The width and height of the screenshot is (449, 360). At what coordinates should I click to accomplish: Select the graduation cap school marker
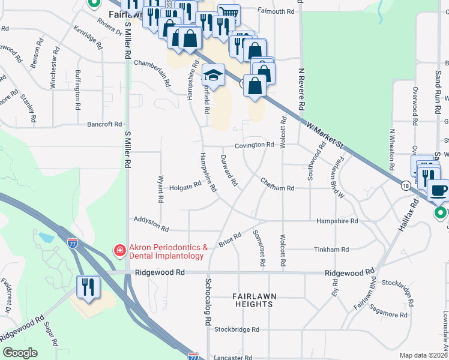pos(213,76)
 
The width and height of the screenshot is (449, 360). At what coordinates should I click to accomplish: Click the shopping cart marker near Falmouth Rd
pos(228,13)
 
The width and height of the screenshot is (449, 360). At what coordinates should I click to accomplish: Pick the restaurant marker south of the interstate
pos(89,286)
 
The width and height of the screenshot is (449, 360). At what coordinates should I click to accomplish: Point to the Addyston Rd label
pos(152,224)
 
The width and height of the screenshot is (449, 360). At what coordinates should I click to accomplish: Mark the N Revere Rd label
pos(303,87)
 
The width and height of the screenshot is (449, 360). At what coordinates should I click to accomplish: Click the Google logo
pos(20,353)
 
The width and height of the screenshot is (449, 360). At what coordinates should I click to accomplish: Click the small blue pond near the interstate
pos(45,237)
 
